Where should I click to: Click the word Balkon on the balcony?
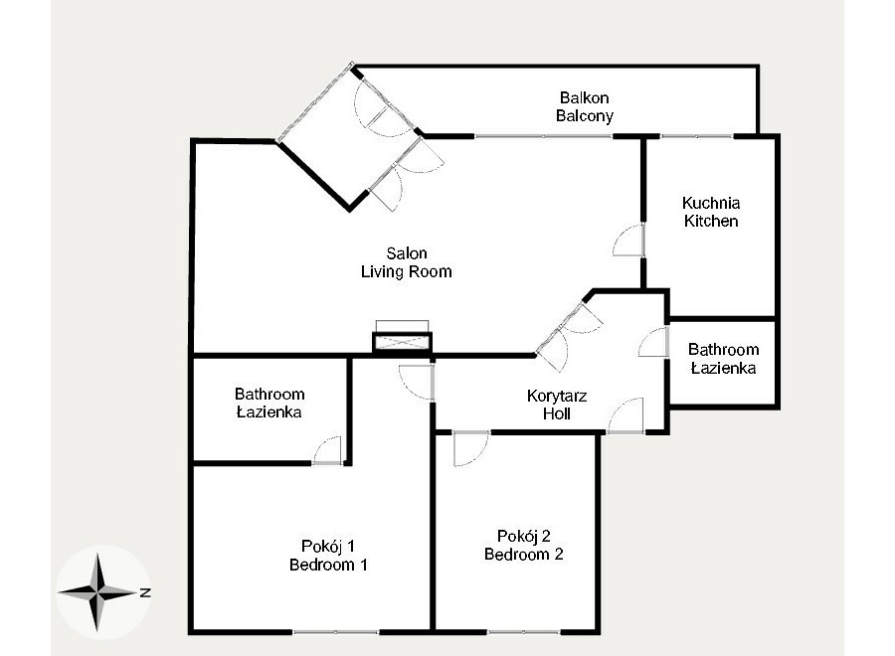coord(584,97)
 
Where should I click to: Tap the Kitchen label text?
coord(711,222)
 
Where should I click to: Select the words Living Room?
coord(407,272)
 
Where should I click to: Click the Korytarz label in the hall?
coord(557,396)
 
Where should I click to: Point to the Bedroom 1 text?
coord(328,566)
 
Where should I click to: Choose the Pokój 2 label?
coord(524,536)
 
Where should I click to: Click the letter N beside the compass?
coord(145,592)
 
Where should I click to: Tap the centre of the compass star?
coord(98,592)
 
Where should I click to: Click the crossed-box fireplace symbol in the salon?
coord(402,343)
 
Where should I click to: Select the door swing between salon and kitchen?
coord(629,241)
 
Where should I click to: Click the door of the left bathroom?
coord(327,450)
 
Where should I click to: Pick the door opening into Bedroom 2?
coord(471,449)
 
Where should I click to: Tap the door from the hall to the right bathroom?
coord(653,343)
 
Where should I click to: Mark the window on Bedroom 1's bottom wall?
coord(336,632)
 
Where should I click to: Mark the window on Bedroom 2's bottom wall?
coord(524,632)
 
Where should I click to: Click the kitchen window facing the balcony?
coord(696,137)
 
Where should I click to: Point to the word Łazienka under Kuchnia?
coord(723,369)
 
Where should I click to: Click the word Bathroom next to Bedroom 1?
coord(269,395)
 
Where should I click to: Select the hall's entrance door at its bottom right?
coord(626,415)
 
